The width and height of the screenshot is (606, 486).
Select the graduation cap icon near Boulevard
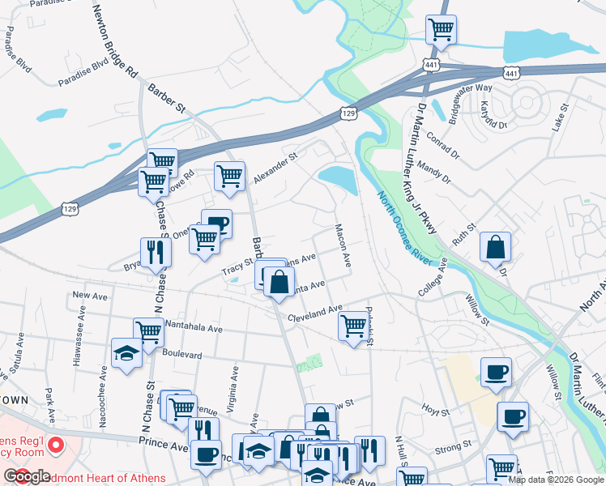126,352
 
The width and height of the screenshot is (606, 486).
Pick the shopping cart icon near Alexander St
230,175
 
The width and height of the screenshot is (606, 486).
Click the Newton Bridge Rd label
114,40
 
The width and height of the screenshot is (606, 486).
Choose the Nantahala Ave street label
194,329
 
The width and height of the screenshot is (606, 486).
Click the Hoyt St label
435,411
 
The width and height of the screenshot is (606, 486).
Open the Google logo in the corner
27,476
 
